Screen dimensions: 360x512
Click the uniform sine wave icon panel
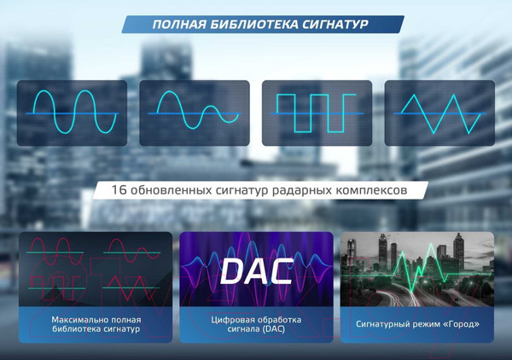[73, 113]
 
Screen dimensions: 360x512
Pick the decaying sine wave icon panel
[195, 113]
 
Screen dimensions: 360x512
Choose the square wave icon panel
[317, 113]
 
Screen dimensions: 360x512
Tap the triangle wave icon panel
[439, 113]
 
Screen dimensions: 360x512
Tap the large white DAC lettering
[256, 270]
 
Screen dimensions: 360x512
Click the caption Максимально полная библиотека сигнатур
[95, 324]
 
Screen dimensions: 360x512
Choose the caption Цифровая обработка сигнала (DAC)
[256, 324]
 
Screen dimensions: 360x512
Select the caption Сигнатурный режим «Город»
[416, 325]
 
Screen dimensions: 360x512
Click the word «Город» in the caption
[457, 325]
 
